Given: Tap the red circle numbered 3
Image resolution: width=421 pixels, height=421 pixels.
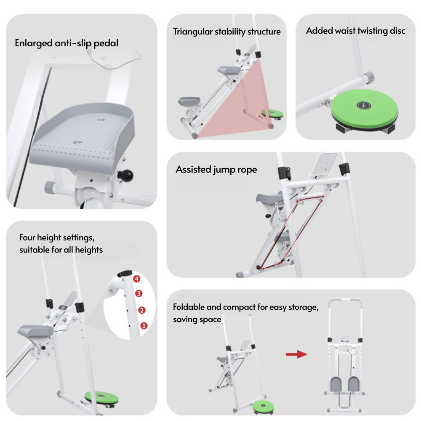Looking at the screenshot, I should pyautogui.click(x=139, y=293).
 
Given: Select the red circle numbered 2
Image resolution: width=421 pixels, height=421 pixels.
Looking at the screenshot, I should pyautogui.click(x=142, y=310).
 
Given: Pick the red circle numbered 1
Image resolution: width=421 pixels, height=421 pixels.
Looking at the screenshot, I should pyautogui.click(x=144, y=325).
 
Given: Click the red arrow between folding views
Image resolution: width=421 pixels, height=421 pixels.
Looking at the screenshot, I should pyautogui.click(x=297, y=354).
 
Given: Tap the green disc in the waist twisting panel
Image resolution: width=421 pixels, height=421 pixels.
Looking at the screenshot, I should pyautogui.click(x=362, y=107).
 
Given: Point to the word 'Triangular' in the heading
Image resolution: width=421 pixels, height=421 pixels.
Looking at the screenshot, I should pyautogui.click(x=193, y=32).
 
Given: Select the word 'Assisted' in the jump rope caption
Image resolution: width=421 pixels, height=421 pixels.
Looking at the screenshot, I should pyautogui.click(x=193, y=170).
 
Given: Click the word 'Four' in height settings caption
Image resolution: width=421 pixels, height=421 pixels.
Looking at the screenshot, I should pyautogui.click(x=27, y=238).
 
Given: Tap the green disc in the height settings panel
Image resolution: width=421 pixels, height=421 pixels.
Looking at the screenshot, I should pyautogui.click(x=101, y=397).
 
